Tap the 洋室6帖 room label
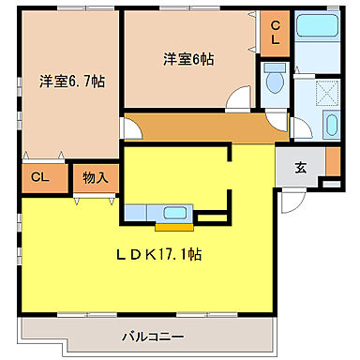[188, 58]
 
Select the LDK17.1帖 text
[160, 254]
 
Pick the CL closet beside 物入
[40, 176]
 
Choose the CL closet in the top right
[276, 36]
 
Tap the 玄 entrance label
[301, 168]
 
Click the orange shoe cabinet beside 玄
[333, 162]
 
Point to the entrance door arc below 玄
[295, 196]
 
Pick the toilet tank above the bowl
[275, 68]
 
